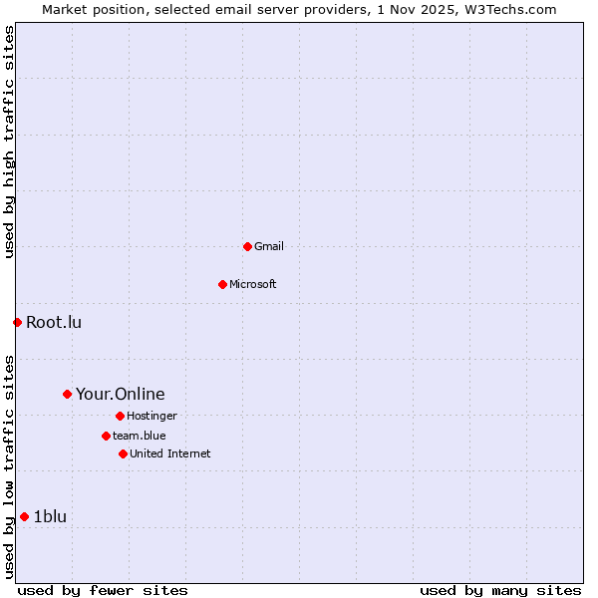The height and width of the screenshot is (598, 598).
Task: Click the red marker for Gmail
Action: point(247,246)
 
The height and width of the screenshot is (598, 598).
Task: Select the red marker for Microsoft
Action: point(222,284)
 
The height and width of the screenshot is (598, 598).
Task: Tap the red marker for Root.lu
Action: point(17,322)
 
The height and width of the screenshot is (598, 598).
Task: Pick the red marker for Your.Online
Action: point(67,394)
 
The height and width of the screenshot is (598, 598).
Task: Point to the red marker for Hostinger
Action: point(120,416)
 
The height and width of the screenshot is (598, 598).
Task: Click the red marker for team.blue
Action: point(106,436)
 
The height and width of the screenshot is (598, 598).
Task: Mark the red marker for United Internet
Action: point(123,453)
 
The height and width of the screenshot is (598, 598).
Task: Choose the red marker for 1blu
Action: point(24,516)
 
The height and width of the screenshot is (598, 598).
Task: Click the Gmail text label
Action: point(269,246)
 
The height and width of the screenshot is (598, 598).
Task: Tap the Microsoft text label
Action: point(253,284)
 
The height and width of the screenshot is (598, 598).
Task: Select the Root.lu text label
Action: point(54,322)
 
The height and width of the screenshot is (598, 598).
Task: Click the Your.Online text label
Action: point(121,394)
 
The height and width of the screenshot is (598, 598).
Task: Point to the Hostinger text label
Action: point(151,416)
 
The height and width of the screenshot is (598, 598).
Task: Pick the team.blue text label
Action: point(140,436)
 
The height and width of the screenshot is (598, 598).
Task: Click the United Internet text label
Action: point(170,453)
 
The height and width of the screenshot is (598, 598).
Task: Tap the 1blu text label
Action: point(50,516)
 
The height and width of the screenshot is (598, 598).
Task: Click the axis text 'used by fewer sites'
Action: point(103,590)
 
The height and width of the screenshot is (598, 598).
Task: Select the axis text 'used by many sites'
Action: point(500,590)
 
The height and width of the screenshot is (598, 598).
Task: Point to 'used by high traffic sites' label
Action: point(10,142)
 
